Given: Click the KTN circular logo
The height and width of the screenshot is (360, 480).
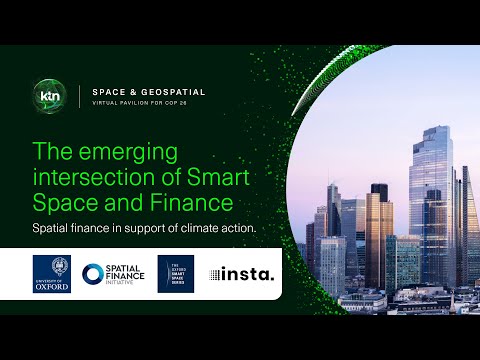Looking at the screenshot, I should click(49, 96).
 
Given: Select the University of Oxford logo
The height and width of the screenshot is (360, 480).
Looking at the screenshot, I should click(52, 273).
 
